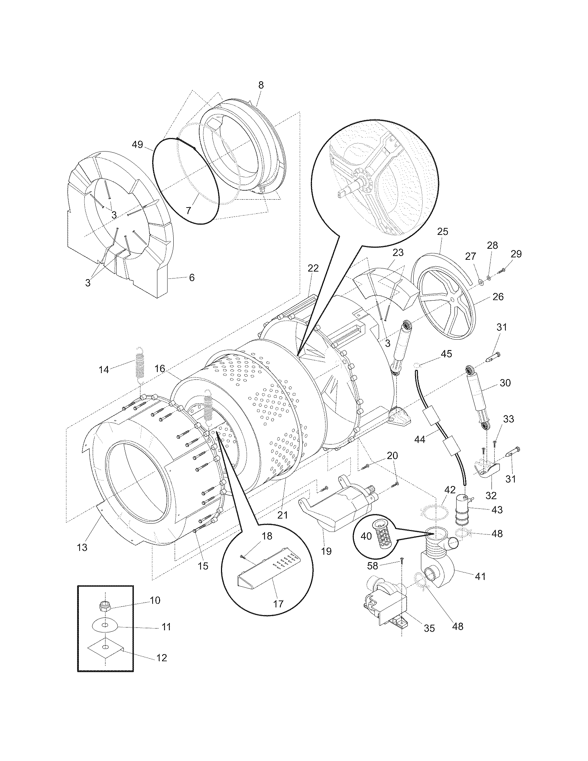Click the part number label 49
click(138, 144)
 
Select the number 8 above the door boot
click(261, 85)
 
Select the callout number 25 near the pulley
click(443, 232)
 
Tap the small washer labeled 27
click(481, 282)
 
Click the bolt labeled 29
click(501, 271)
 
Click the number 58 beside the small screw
click(373, 566)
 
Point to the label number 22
click(313, 268)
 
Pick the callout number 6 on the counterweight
click(192, 278)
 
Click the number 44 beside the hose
click(420, 440)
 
